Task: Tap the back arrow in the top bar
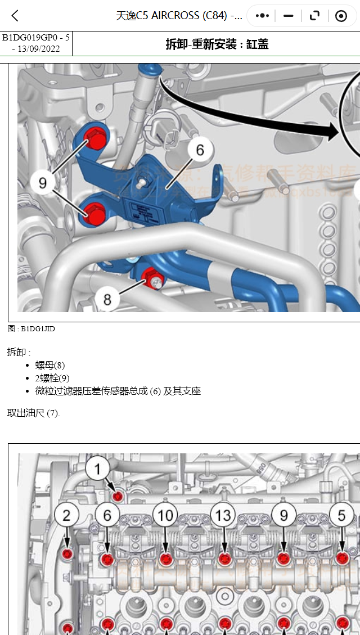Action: pyautogui.click(x=15, y=16)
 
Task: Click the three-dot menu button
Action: pyautogui.click(x=262, y=16)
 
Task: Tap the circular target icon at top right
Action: pyautogui.click(x=341, y=16)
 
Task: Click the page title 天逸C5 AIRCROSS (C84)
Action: pyautogui.click(x=179, y=16)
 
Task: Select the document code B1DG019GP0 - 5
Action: pyautogui.click(x=36, y=38)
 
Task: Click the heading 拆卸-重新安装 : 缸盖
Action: pyautogui.click(x=217, y=44)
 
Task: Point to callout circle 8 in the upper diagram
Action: pyautogui.click(x=107, y=299)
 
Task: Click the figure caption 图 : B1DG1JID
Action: pyautogui.click(x=31, y=329)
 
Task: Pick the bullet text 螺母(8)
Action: pyautogui.click(x=50, y=366)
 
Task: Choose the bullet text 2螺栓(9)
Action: pyautogui.click(x=52, y=379)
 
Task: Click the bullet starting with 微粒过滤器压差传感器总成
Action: pyautogui.click(x=118, y=391)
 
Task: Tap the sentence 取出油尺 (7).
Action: pyautogui.click(x=33, y=413)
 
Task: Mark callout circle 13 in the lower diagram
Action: pyautogui.click(x=223, y=515)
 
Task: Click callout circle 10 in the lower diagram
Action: pyautogui.click(x=165, y=515)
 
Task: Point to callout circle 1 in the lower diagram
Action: pyautogui.click(x=98, y=469)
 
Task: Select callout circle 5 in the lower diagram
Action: pyautogui.click(x=341, y=515)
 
